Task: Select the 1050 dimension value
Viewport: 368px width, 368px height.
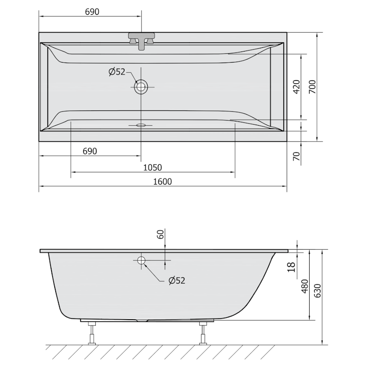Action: [x=154, y=167]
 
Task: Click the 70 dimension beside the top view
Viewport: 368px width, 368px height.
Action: [x=296, y=156]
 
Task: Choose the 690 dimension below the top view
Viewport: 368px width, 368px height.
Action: [x=89, y=151]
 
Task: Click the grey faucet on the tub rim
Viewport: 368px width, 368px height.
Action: [x=142, y=39]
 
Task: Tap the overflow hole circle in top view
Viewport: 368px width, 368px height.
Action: [x=141, y=87]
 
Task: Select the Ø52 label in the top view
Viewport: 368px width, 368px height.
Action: [x=117, y=71]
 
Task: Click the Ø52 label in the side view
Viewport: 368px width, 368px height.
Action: [x=177, y=280]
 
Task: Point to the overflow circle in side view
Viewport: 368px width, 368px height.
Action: [x=141, y=261]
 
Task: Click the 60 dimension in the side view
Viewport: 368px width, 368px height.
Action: [x=161, y=234]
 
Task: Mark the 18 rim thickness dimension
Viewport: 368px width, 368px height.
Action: [x=291, y=266]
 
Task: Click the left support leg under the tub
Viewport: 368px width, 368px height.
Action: [x=92, y=333]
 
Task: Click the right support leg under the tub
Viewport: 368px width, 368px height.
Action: [x=203, y=333]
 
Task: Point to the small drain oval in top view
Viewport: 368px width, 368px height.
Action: [x=141, y=125]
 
